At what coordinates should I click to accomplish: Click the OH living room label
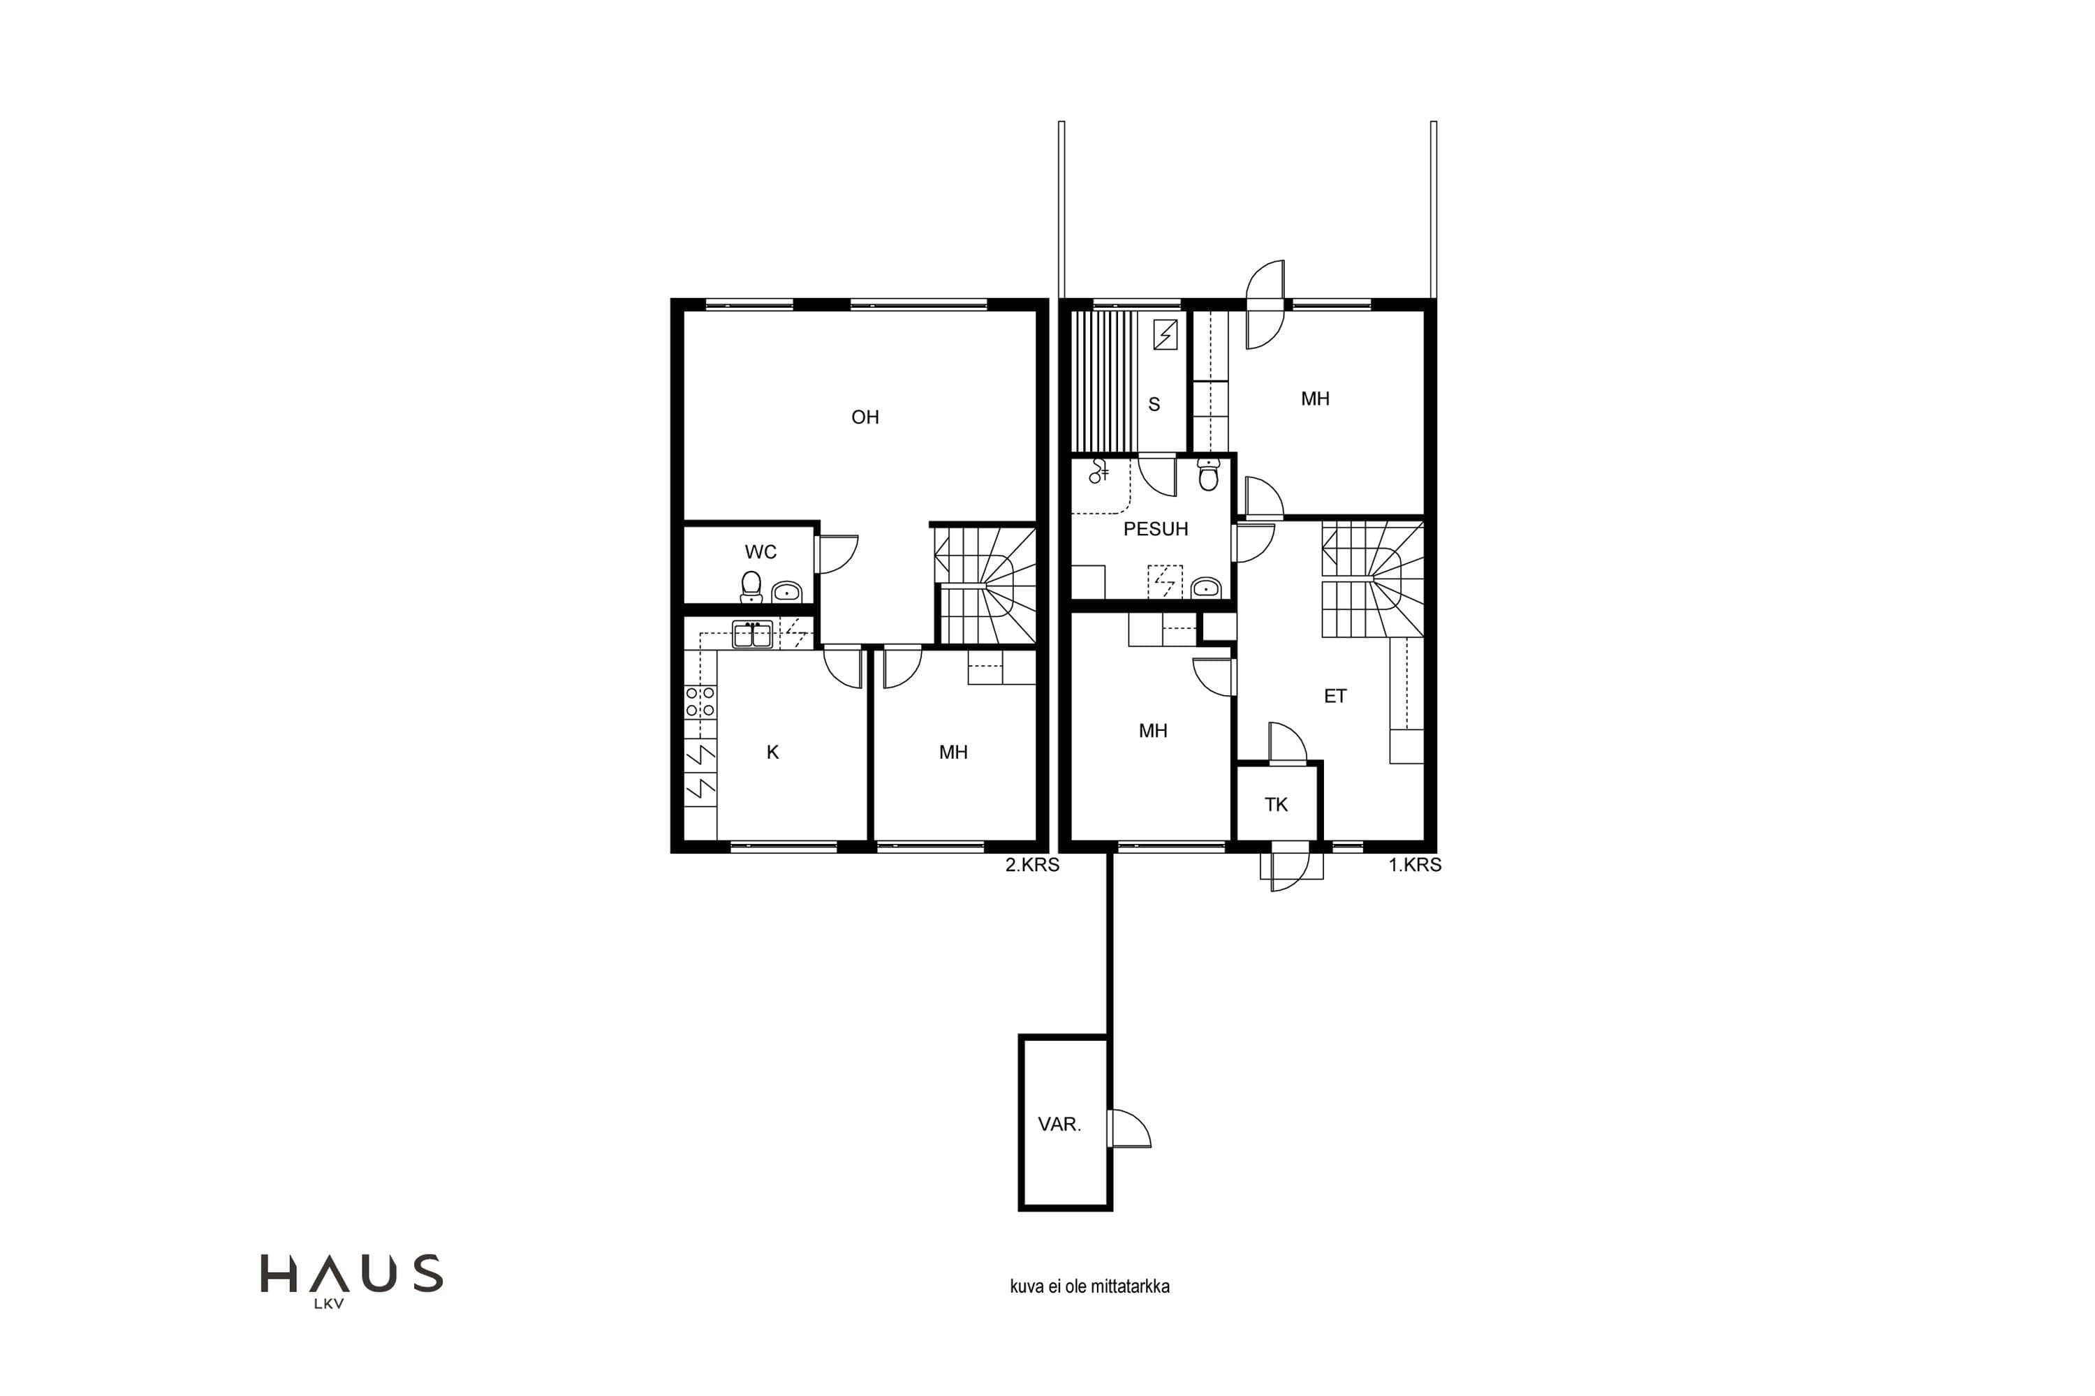[x=865, y=417]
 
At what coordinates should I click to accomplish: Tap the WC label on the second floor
[x=760, y=552]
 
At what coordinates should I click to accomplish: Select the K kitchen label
[x=772, y=752]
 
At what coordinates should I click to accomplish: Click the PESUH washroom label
[x=1155, y=529]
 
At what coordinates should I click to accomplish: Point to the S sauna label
[x=1154, y=404]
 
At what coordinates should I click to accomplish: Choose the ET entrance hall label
[x=1335, y=696]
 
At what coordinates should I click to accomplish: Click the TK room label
[x=1276, y=805]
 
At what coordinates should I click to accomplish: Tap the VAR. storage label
[x=1059, y=1124]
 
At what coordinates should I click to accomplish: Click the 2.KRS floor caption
[x=1032, y=865]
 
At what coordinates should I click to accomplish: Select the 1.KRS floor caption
[x=1415, y=865]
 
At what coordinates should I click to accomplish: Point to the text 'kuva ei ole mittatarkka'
[x=1089, y=1286]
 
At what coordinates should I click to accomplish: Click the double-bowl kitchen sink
[x=753, y=634]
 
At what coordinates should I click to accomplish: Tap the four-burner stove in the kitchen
[x=700, y=701]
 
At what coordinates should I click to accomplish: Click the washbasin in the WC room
[x=786, y=591]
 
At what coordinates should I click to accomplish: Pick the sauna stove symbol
[x=1165, y=335]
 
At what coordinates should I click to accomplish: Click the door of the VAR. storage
[x=1129, y=1129]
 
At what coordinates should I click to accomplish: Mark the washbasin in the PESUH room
[x=1206, y=588]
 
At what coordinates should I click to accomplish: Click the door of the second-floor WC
[x=837, y=554]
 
